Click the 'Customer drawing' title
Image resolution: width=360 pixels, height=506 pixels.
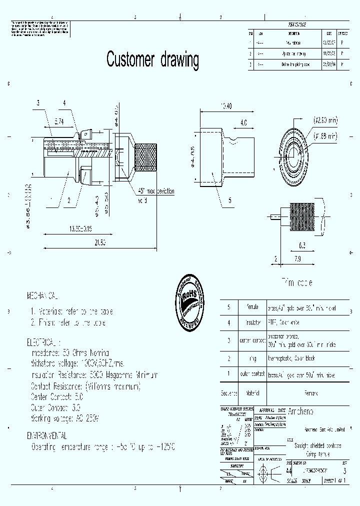pyautogui.click(x=152, y=59)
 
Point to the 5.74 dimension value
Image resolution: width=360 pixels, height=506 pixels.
pyautogui.click(x=58, y=121)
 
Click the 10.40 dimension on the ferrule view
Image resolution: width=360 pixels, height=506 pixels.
pyautogui.click(x=226, y=105)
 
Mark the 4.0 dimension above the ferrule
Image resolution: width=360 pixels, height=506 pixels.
pyautogui.click(x=243, y=122)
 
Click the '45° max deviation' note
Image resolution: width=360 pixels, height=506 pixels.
pyautogui.click(x=156, y=192)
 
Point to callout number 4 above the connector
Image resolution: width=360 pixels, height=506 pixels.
pyautogui.click(x=64, y=103)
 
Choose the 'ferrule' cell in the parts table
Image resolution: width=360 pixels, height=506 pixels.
pyautogui.click(x=248, y=308)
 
